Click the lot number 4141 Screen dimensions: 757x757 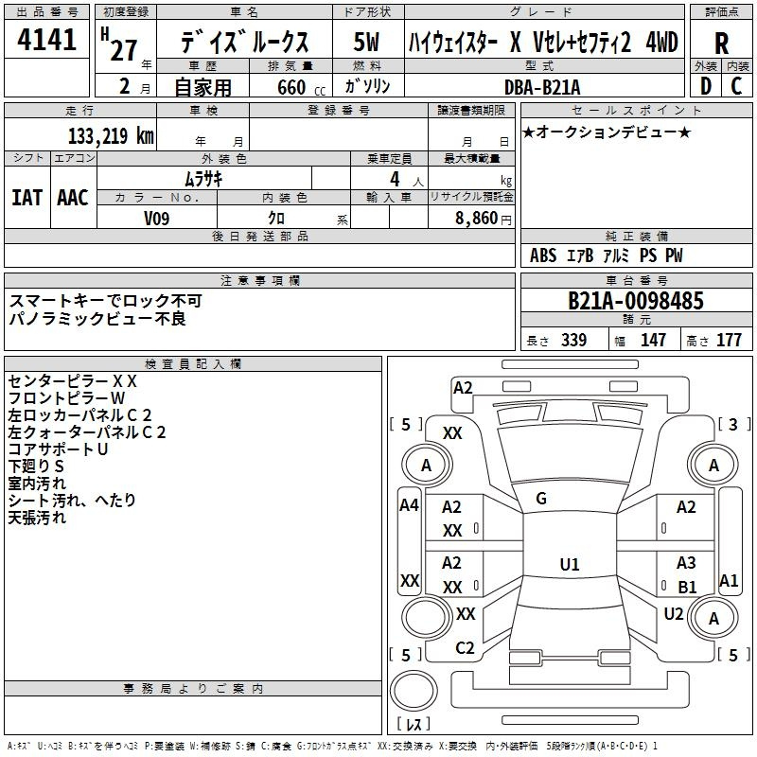pos(46,40)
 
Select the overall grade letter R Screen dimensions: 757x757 pos(721,44)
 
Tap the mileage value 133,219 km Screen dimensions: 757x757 pos(111,135)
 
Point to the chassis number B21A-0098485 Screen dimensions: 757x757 pos(636,301)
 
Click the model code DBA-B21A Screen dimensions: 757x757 pos(542,87)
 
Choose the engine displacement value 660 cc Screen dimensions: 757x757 pos(301,87)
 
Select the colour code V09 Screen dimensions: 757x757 pos(157,219)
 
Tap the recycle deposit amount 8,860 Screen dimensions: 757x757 pos(477,218)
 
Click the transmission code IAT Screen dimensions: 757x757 pos(26,198)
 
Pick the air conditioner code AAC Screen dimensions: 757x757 pos(73,198)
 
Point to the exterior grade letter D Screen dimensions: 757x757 pos(705,86)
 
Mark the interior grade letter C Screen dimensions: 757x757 pos(736,86)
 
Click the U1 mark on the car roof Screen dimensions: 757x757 pos(570,564)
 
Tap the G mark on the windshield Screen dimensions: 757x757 pos(541,499)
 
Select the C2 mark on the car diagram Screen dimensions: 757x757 pos(465,648)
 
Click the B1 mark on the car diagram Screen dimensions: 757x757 pos(687,587)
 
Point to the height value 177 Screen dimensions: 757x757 pos(729,340)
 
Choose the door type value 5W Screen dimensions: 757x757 pos(366,42)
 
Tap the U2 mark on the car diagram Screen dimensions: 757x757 pos(674,614)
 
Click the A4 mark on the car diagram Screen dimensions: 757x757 pos(409,505)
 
